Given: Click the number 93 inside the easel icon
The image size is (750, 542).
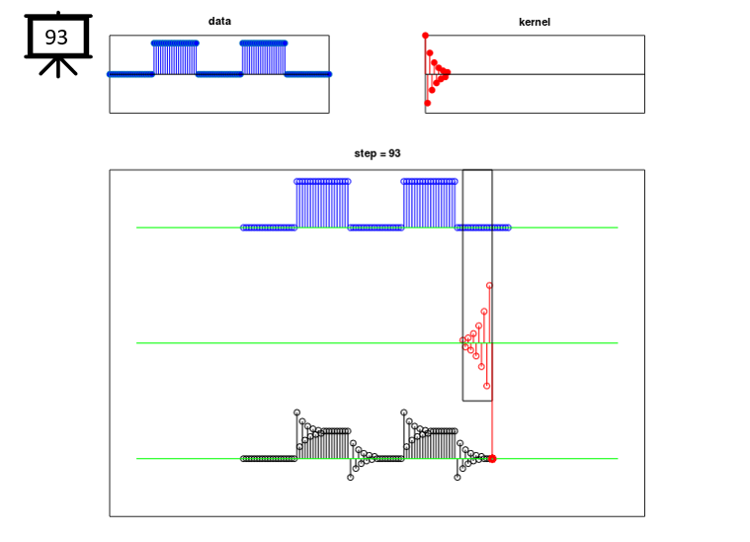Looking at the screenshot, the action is (56, 38).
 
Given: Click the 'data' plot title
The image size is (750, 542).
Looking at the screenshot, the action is (219, 21).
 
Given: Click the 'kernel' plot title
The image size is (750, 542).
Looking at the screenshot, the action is (535, 22).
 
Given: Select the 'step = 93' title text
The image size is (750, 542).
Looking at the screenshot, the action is (377, 153).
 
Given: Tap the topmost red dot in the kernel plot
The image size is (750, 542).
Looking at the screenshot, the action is (425, 36).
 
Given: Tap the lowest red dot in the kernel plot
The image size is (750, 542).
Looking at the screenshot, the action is (428, 103).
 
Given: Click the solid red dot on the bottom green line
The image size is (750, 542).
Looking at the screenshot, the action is (492, 459).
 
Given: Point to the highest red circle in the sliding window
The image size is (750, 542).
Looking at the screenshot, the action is (489, 286).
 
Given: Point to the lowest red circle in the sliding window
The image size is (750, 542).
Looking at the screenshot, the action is (487, 386).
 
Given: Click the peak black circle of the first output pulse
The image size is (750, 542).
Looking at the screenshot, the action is (297, 412).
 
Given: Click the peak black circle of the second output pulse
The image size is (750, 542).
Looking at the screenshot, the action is (404, 412).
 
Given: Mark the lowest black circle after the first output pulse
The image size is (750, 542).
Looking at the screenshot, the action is (351, 478).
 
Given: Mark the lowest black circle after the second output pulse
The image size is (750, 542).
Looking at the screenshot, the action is (458, 478).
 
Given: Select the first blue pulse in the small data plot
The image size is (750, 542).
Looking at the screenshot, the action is (175, 57).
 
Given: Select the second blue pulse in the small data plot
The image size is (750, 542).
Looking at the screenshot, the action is (264, 57).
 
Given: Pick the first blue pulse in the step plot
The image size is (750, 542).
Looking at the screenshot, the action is (322, 204).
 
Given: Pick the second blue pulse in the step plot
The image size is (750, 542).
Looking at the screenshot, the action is (430, 204).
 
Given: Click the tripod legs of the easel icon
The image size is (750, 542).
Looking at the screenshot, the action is (58, 67).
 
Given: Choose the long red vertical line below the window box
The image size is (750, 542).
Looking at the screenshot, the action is (492, 429).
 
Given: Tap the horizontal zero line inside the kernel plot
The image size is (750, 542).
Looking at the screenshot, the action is (535, 74).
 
